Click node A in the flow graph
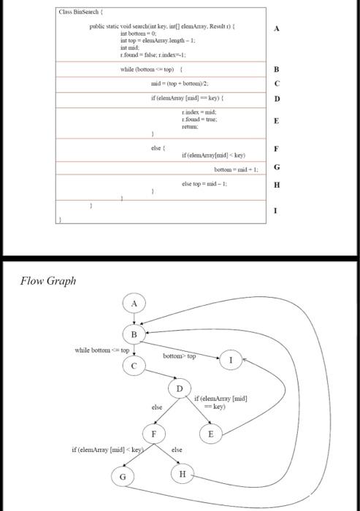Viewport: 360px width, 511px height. click(x=134, y=302)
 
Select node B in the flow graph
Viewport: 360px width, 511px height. click(x=134, y=334)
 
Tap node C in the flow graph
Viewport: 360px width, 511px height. click(x=134, y=366)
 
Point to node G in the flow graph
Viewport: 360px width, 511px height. click(x=123, y=477)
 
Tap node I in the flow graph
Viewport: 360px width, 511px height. click(x=232, y=360)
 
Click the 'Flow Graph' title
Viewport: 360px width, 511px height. click(x=48, y=281)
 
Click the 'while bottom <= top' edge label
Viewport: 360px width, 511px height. click(x=102, y=351)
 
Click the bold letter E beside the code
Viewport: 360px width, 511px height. click(x=277, y=122)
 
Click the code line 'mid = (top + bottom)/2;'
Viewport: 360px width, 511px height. click(x=179, y=84)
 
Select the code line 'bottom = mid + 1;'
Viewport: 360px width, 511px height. click(x=230, y=169)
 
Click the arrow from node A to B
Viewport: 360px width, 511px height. click(x=134, y=318)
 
